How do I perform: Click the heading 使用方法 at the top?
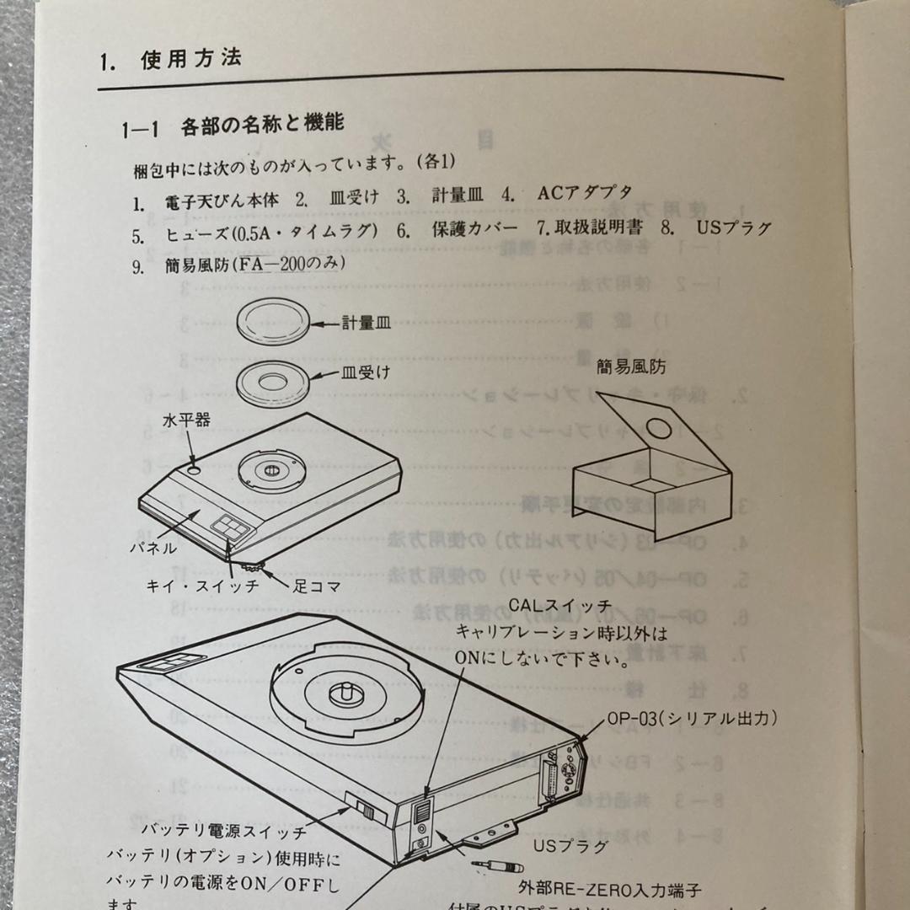191,60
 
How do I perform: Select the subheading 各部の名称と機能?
262,126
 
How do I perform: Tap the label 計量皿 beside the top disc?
366,322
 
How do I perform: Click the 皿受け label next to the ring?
366,371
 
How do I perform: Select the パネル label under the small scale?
153,548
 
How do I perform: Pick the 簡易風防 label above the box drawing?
631,367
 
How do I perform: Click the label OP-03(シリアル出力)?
692,719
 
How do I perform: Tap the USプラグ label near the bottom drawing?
570,844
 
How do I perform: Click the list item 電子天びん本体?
222,202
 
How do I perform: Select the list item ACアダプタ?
584,193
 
